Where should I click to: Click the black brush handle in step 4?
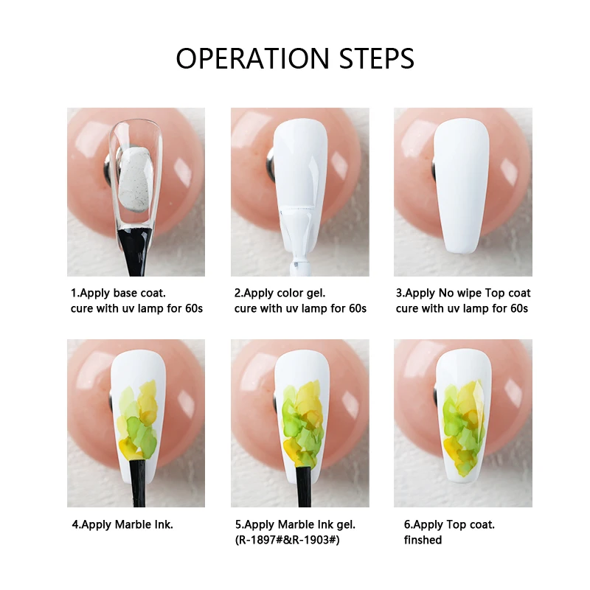(138, 483)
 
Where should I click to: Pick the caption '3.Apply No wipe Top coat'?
(463, 294)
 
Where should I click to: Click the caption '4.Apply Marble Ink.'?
(122, 525)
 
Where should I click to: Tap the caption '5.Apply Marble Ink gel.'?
(295, 525)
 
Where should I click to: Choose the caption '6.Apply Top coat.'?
(449, 525)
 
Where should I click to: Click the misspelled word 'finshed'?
(423, 540)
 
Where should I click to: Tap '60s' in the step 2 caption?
(355, 308)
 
